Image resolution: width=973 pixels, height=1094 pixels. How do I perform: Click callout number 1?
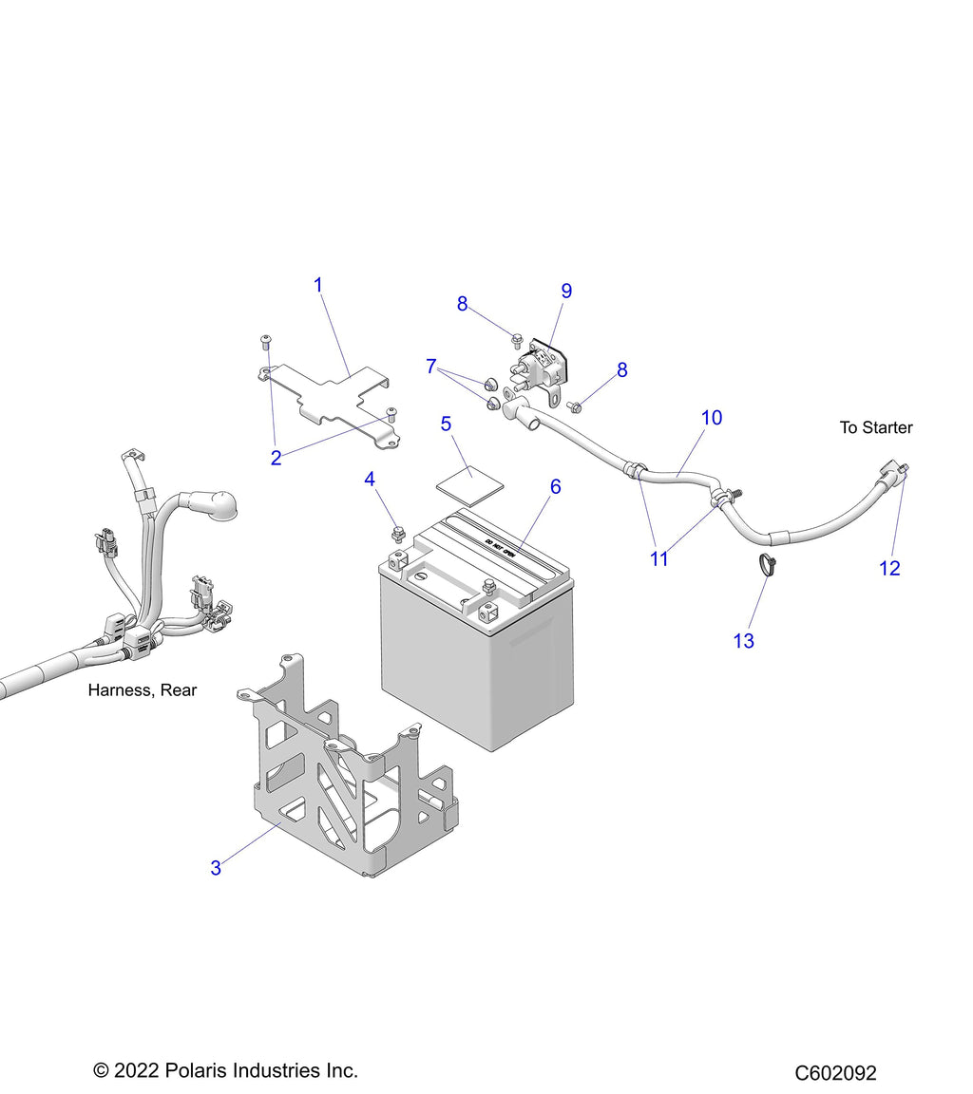(318, 285)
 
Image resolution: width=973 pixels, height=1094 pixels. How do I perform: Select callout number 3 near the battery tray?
(216, 868)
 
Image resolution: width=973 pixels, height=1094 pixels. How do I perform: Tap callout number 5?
(446, 424)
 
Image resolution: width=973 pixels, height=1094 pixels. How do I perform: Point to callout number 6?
(556, 487)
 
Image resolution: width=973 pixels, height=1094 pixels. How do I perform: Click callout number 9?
(566, 291)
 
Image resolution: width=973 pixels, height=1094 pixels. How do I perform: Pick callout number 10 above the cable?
(712, 418)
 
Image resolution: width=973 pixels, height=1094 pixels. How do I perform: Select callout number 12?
(889, 569)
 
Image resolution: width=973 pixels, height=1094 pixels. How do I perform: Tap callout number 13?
(743, 641)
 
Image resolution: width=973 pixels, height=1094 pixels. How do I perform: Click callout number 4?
(370, 480)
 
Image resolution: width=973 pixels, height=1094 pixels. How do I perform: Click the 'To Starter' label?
(876, 427)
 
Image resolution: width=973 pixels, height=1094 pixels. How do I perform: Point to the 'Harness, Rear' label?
(143, 690)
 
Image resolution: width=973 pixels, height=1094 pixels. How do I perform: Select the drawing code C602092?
(835, 1072)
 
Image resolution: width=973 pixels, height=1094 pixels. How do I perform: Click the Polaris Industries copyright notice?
(225, 1070)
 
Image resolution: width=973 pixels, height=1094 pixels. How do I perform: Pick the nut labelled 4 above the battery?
(399, 536)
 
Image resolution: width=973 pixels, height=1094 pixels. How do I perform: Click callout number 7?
(431, 367)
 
